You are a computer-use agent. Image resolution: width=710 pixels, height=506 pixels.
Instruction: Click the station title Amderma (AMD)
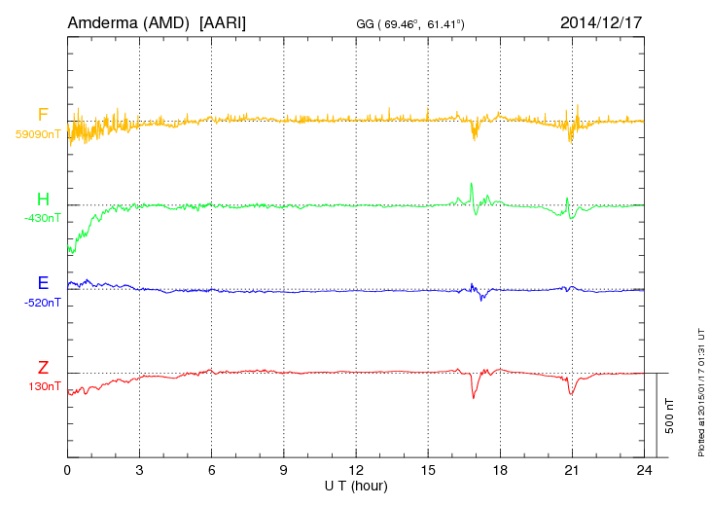(x=128, y=21)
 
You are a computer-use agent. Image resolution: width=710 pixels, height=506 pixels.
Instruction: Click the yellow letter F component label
(x=43, y=115)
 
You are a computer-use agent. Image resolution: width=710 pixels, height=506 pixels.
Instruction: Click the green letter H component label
(x=43, y=199)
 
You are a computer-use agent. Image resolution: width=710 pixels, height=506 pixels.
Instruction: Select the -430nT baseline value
(x=42, y=218)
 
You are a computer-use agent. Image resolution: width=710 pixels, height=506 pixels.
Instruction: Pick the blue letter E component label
(x=43, y=283)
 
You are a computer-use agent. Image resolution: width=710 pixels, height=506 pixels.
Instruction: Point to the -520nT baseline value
(x=42, y=303)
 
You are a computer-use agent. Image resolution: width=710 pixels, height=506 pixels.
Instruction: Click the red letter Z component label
(x=43, y=367)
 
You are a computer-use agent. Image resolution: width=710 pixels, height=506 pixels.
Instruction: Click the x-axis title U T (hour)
(x=356, y=485)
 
